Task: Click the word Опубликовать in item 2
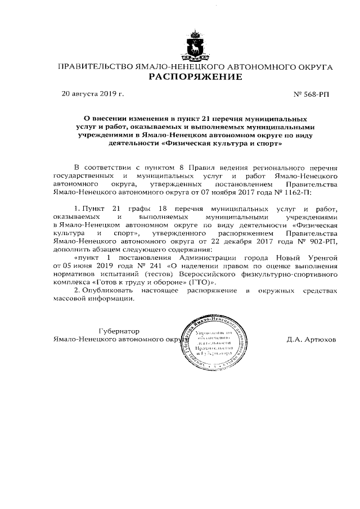[x=108, y=290]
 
